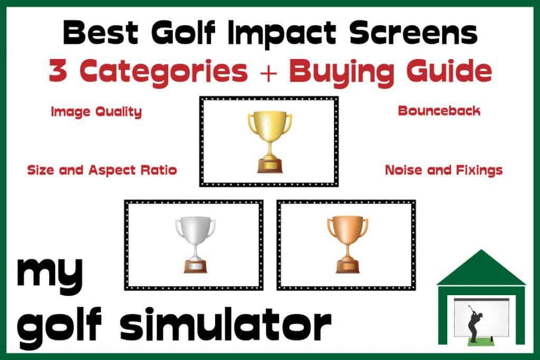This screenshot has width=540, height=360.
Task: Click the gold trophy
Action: click(269, 142)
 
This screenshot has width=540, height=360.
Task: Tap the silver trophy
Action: click(195, 245)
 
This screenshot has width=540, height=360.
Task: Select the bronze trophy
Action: click(348, 245)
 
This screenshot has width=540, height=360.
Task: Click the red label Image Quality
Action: click(97, 112)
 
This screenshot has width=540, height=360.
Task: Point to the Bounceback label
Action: click(439, 111)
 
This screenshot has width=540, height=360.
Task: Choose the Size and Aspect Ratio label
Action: click(102, 170)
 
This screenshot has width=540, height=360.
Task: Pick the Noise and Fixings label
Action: click(443, 170)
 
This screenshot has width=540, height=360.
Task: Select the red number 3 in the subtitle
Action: click(57, 71)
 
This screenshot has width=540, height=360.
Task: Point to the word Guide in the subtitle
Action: click(449, 71)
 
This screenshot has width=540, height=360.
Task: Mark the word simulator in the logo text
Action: click(226, 324)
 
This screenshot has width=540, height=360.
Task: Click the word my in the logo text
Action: click(50, 274)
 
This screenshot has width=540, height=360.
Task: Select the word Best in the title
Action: click(100, 33)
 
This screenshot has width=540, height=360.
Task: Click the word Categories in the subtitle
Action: click(163, 71)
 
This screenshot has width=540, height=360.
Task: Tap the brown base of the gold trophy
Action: click(269, 166)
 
